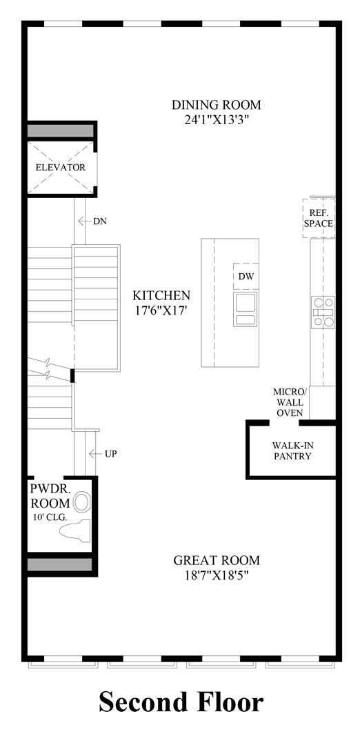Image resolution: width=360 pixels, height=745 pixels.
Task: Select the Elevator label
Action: click(x=61, y=168)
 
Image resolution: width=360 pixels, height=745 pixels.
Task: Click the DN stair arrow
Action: click(x=86, y=221)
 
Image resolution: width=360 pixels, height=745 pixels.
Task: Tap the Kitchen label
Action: click(x=161, y=295)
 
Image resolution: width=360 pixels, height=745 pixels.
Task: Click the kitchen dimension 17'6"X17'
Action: click(x=161, y=310)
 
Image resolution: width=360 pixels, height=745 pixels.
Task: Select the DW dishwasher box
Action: click(x=245, y=277)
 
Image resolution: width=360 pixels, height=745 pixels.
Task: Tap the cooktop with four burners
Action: click(x=323, y=311)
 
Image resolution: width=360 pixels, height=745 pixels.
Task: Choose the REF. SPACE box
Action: click(x=321, y=218)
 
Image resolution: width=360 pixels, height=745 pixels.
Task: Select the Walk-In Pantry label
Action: click(x=292, y=450)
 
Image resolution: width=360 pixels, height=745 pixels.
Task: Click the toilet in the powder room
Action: click(x=76, y=530)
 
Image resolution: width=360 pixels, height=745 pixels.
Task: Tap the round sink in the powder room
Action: click(x=82, y=501)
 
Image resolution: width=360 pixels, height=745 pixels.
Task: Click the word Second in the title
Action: click(x=143, y=702)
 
